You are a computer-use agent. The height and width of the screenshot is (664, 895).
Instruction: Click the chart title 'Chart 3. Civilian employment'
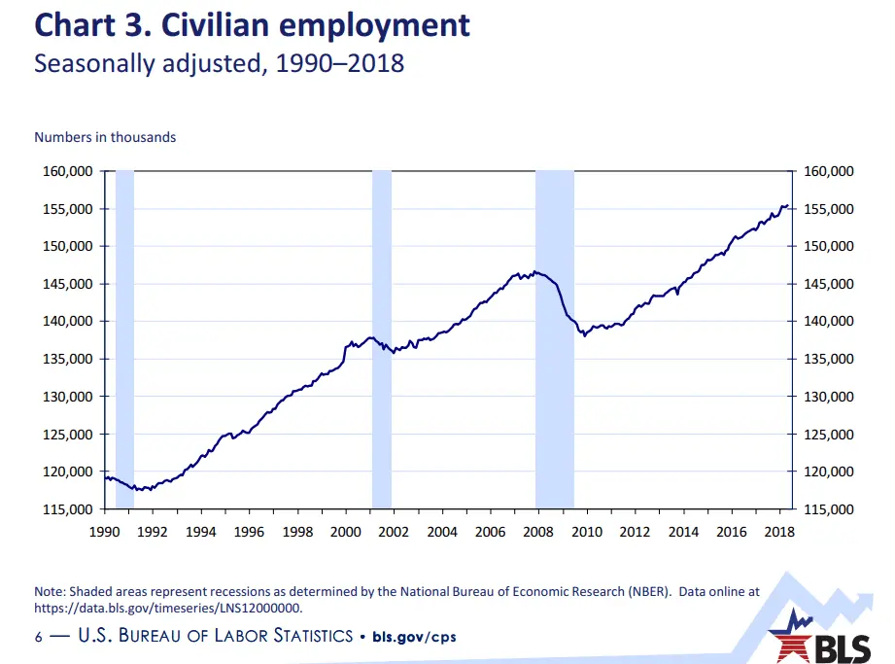(x=253, y=24)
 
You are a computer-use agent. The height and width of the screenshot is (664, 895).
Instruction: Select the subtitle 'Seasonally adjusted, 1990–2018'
(x=219, y=64)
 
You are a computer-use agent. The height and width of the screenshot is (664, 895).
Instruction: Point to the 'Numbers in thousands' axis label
(x=105, y=137)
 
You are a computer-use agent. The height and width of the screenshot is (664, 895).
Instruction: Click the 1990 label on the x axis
(x=104, y=532)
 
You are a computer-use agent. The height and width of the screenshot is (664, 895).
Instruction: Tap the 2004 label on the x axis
(x=442, y=532)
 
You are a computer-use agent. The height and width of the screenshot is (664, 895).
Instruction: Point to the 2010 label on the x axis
(x=587, y=532)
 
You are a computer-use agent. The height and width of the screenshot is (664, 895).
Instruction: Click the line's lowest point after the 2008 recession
(x=584, y=335)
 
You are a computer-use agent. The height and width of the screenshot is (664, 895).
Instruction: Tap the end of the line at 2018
(x=787, y=206)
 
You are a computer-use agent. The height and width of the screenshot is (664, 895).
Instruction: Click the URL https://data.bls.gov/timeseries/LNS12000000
(x=168, y=609)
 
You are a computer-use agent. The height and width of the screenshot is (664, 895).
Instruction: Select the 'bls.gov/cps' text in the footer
(x=414, y=637)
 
